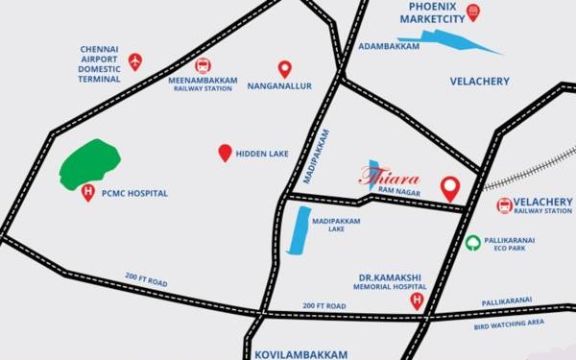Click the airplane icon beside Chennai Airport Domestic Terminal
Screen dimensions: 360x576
[x=135, y=62]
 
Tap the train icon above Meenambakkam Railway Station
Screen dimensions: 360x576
[x=203, y=65]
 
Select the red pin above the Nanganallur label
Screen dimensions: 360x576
[x=284, y=68]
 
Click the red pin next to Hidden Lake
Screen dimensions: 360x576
[x=225, y=153]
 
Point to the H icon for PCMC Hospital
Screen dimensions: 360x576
[x=89, y=193]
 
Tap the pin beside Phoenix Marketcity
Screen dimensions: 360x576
[x=471, y=12]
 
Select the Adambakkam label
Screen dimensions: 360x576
[x=389, y=45]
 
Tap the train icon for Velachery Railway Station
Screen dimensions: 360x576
[x=504, y=205]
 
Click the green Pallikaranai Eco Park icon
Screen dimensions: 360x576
[x=473, y=243]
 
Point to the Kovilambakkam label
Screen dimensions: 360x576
[x=300, y=353]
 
